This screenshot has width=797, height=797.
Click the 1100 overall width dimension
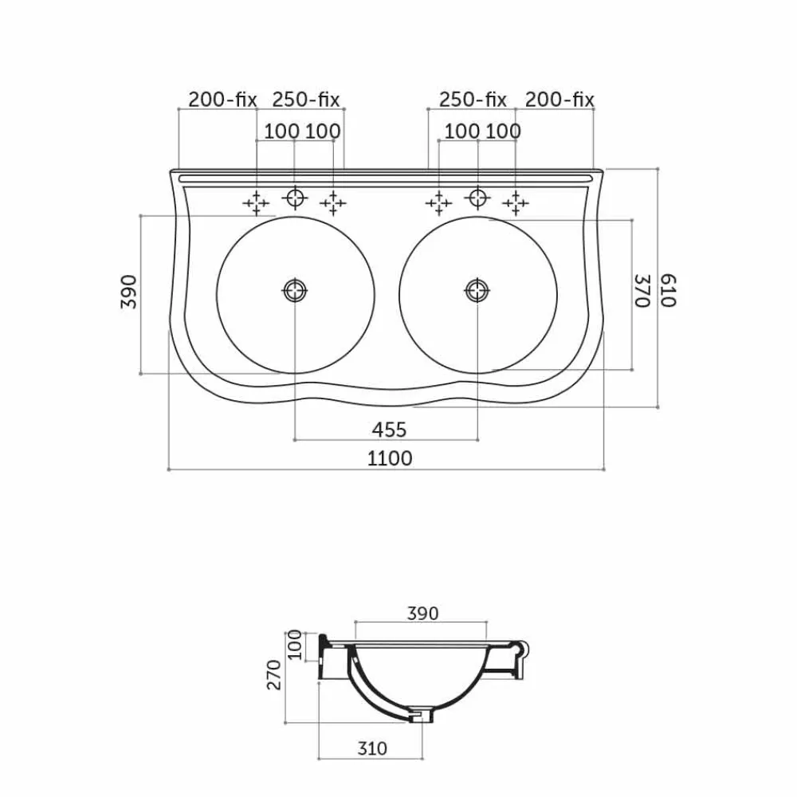pos(390,458)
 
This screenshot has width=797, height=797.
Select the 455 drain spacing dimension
pos(390,430)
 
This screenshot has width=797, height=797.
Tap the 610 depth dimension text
pos(668,290)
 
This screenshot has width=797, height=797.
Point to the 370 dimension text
pos(643,291)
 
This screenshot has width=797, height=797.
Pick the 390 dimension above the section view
pos(422,614)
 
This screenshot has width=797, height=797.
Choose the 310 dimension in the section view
pos(372,748)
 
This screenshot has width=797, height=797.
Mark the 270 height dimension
pos(274,675)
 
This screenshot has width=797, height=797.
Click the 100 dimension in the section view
pos(295,645)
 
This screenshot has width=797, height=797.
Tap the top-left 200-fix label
pos(222,100)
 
